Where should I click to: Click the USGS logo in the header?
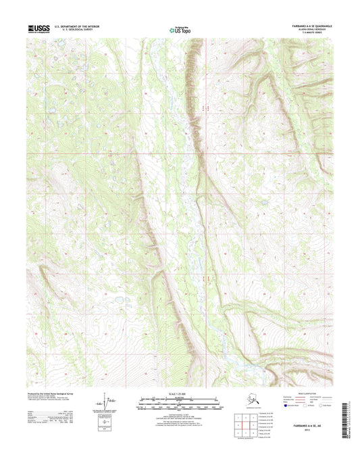[x=38, y=28]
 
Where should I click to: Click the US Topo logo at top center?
[x=180, y=29]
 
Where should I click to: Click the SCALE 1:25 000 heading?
[x=180, y=393]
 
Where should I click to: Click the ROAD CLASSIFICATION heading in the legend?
[x=307, y=393]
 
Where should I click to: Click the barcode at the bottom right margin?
[x=346, y=414]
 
